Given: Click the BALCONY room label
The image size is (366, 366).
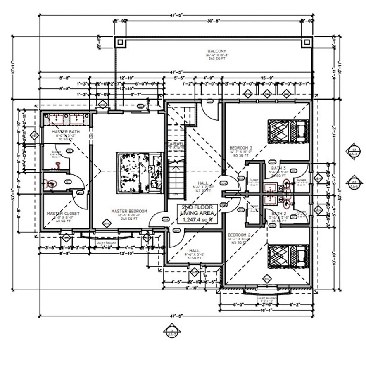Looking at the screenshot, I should [214, 51].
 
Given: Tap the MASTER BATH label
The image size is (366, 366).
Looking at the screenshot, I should [66, 131].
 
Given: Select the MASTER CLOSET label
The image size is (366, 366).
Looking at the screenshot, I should [63, 214].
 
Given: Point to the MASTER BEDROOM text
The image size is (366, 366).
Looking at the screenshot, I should [129, 211].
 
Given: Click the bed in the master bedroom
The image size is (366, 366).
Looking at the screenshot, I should [140, 172].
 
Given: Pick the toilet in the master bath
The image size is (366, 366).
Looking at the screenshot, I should [51, 184].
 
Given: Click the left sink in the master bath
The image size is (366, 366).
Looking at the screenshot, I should [57, 119].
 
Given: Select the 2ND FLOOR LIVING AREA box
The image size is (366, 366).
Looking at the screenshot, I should [197, 214].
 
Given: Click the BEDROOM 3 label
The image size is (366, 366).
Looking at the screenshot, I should [241, 147].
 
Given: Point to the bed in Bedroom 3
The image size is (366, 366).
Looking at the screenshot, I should [288, 131].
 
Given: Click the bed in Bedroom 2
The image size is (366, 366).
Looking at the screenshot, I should [288, 256].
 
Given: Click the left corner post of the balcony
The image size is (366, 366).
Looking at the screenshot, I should [119, 42].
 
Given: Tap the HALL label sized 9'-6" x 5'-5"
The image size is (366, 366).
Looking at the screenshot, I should [194, 250].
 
